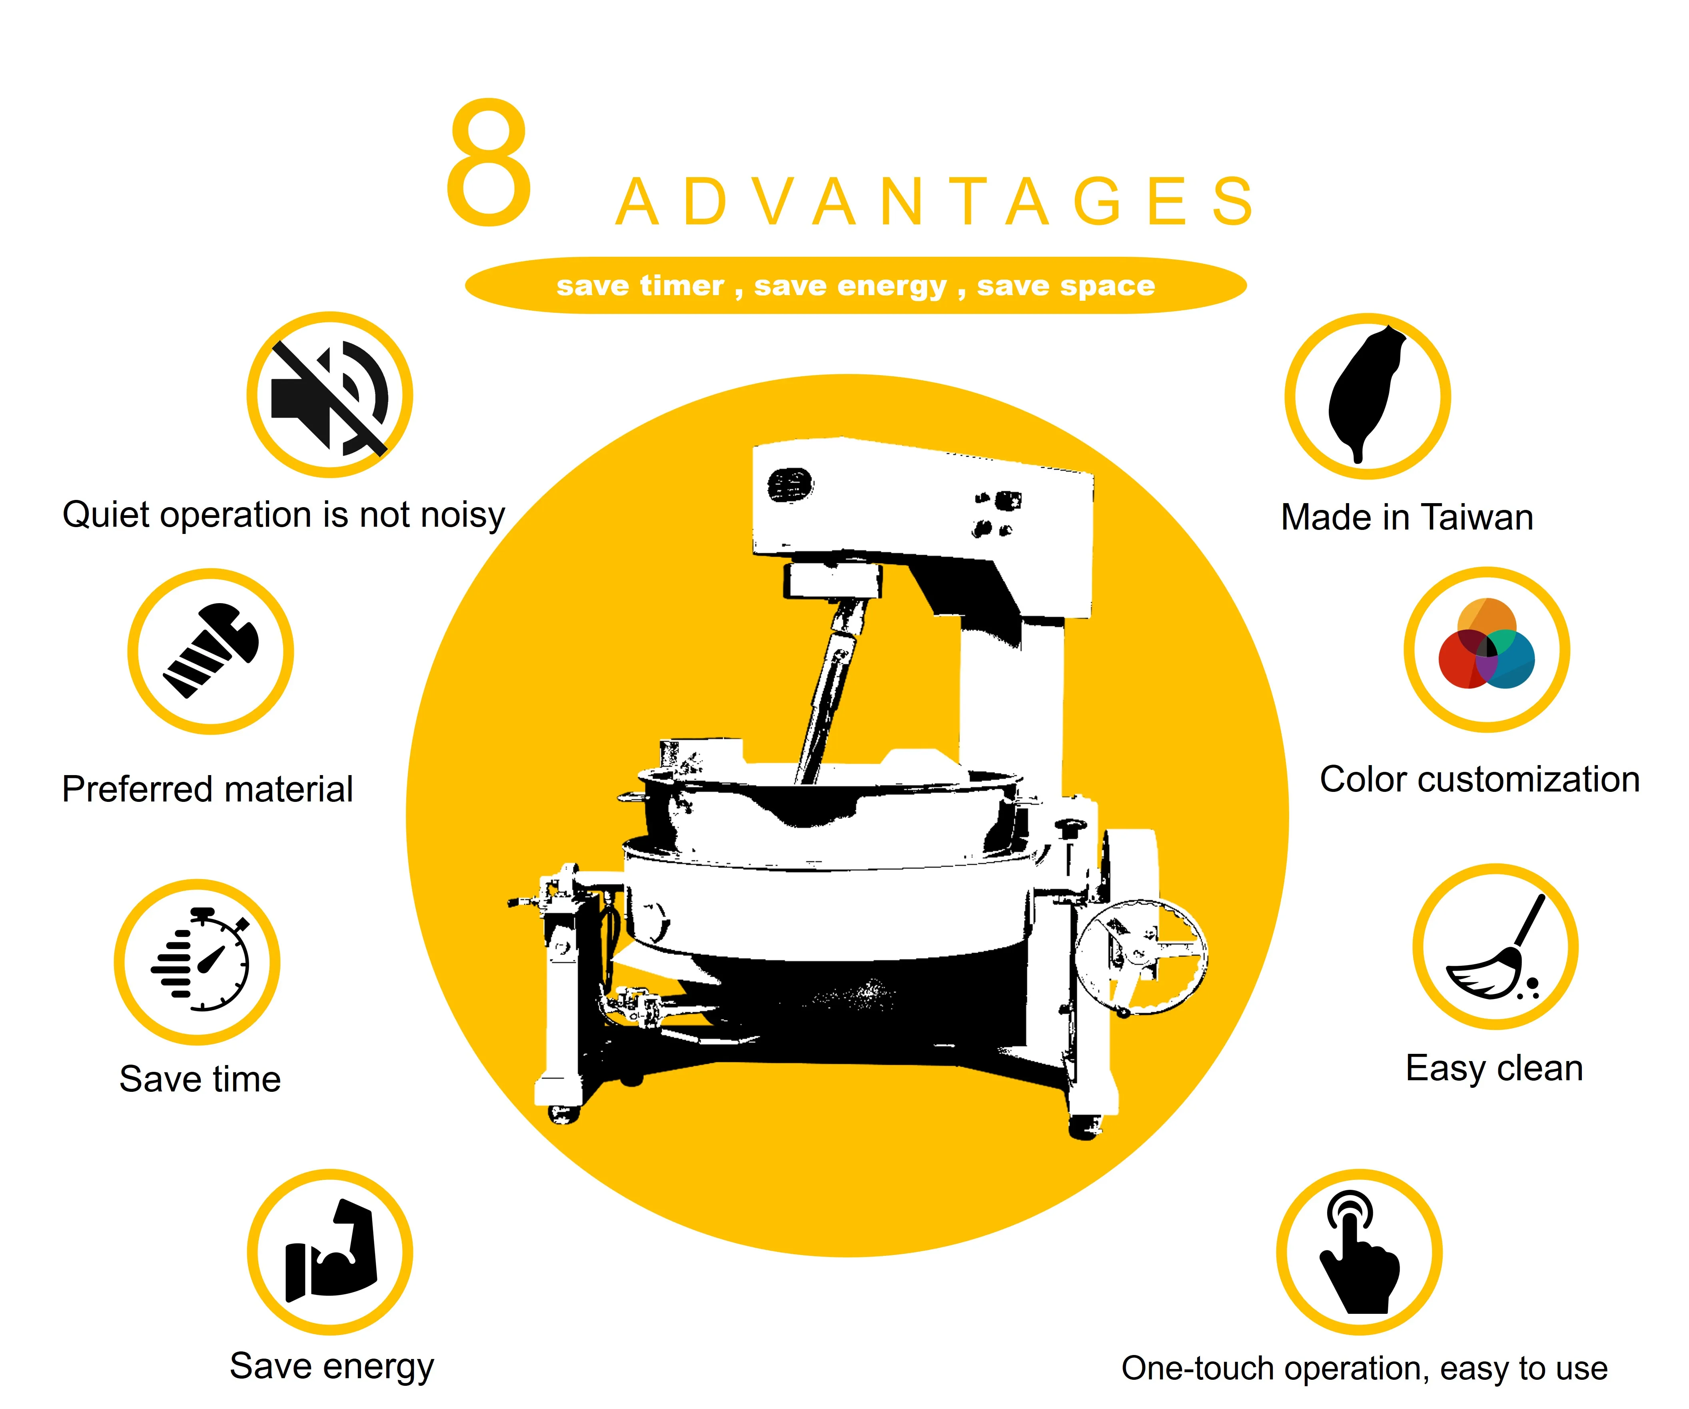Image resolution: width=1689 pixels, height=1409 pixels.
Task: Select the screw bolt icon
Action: (211, 650)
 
